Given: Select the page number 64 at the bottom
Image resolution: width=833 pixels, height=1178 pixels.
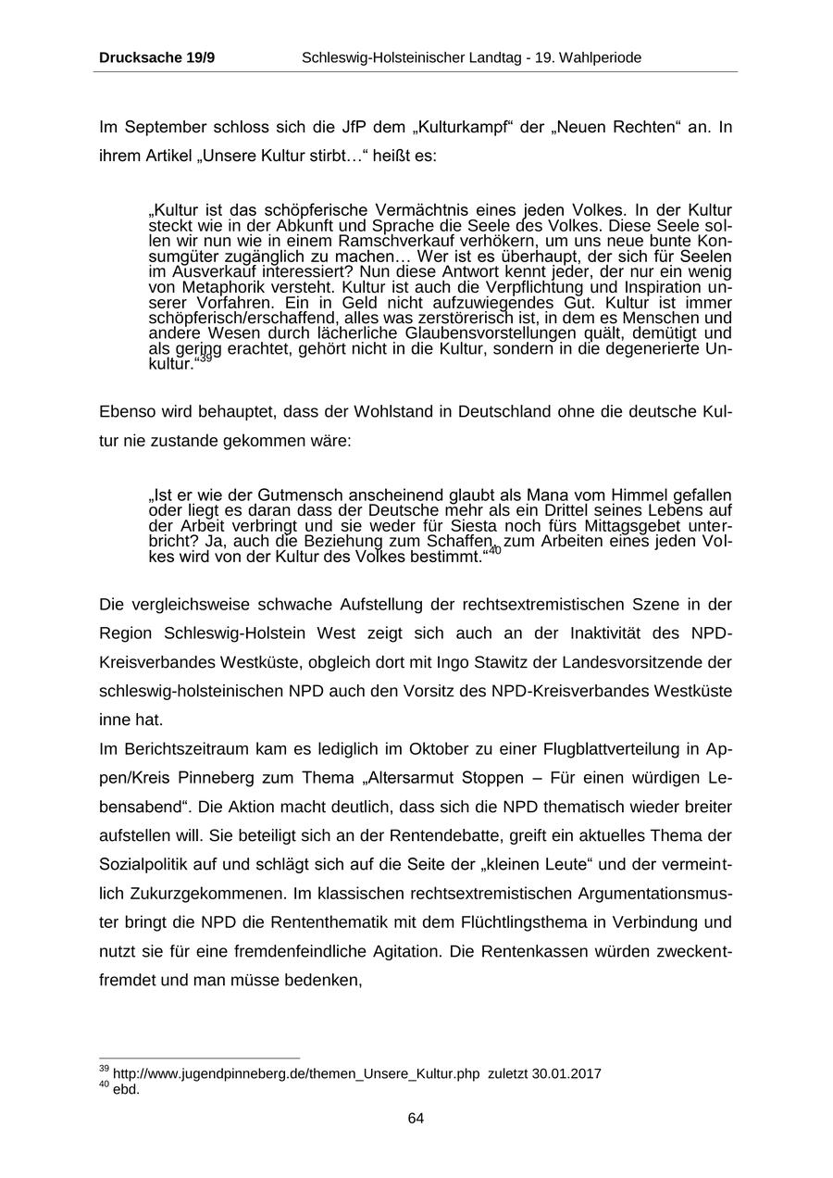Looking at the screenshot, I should coord(416,1119).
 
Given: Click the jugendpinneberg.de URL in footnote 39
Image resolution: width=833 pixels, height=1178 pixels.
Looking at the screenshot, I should coord(296,1074).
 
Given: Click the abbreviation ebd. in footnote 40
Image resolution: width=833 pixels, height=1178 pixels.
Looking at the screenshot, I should coord(126,1089).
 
